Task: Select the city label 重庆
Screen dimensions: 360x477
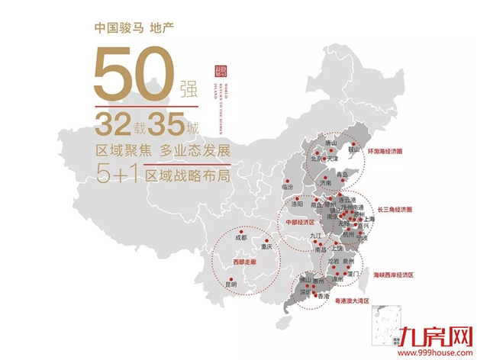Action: [266, 247]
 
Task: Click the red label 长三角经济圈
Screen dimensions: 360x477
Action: [394, 208]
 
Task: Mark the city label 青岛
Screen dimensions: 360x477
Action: [350, 175]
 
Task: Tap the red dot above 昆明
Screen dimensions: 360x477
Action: [229, 277]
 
